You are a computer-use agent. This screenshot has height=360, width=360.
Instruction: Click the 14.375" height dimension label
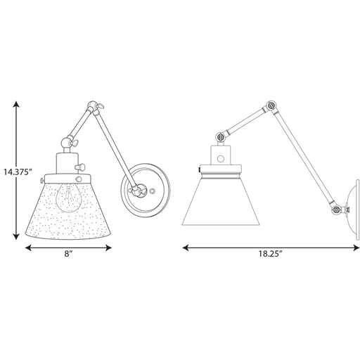[x=18, y=172]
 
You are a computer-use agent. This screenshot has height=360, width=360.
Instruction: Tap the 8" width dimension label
[x=68, y=253]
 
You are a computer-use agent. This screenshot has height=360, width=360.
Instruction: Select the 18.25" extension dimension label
[x=270, y=254]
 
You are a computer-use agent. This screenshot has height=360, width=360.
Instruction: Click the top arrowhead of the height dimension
[x=16, y=104]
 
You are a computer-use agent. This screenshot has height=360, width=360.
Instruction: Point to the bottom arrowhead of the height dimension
[x=16, y=236]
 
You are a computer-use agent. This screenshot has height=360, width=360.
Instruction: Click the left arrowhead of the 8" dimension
[x=28, y=247]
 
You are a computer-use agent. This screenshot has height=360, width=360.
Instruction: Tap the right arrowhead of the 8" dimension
[x=108, y=247]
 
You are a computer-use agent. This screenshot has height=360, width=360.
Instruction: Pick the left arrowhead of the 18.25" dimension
[x=186, y=247]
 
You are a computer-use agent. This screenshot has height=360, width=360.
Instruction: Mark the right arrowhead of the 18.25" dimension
[x=356, y=247]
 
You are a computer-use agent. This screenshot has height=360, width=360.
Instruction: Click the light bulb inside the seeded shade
[x=68, y=198]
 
